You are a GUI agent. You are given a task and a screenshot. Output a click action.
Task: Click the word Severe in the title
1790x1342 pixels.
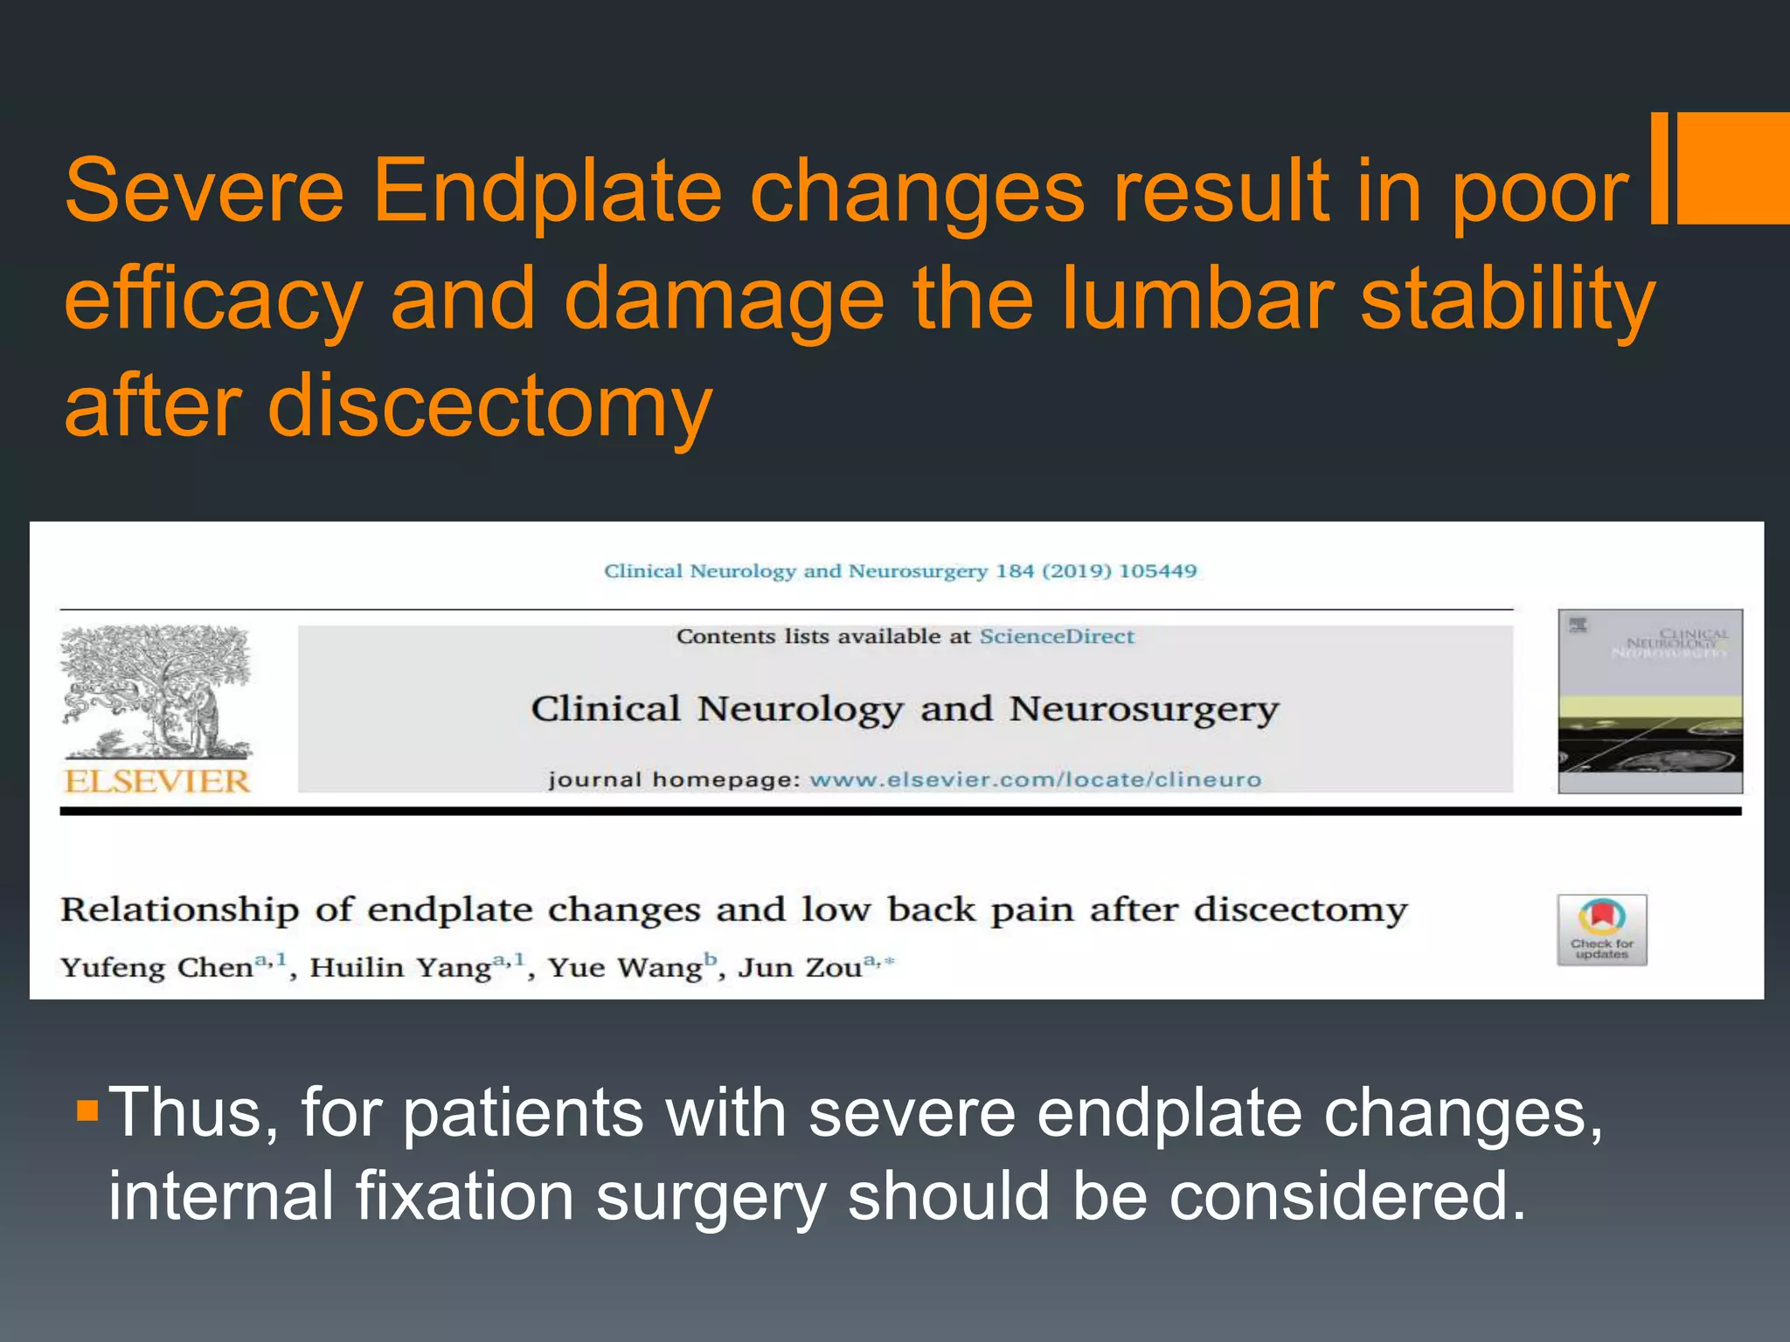point(205,190)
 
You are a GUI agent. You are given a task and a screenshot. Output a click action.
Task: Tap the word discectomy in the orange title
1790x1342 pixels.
point(489,406)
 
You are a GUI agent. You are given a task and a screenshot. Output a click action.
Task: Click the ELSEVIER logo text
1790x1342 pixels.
point(158,781)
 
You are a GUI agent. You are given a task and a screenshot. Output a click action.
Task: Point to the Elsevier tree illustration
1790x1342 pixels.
point(156,690)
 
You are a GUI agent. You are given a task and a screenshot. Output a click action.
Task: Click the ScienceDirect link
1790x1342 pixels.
point(1056,637)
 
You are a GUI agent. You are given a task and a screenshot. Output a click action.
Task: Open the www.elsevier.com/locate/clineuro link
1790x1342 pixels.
point(1035,779)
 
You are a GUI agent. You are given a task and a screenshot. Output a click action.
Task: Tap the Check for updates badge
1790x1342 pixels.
point(1601,930)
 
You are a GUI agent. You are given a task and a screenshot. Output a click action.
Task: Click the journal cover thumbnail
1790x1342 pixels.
point(1649,702)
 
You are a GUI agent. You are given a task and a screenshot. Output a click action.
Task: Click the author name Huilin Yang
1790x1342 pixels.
point(400,968)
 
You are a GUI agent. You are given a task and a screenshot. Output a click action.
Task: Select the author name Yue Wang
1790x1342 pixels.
point(625,968)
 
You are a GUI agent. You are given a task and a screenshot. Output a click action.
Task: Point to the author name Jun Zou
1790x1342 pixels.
point(800,968)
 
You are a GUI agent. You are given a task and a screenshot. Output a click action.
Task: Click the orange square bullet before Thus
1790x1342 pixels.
point(87,1110)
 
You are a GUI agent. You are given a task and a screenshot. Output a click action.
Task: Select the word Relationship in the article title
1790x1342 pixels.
point(180,910)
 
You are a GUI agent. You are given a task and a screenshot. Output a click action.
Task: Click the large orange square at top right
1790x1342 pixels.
point(1733,168)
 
